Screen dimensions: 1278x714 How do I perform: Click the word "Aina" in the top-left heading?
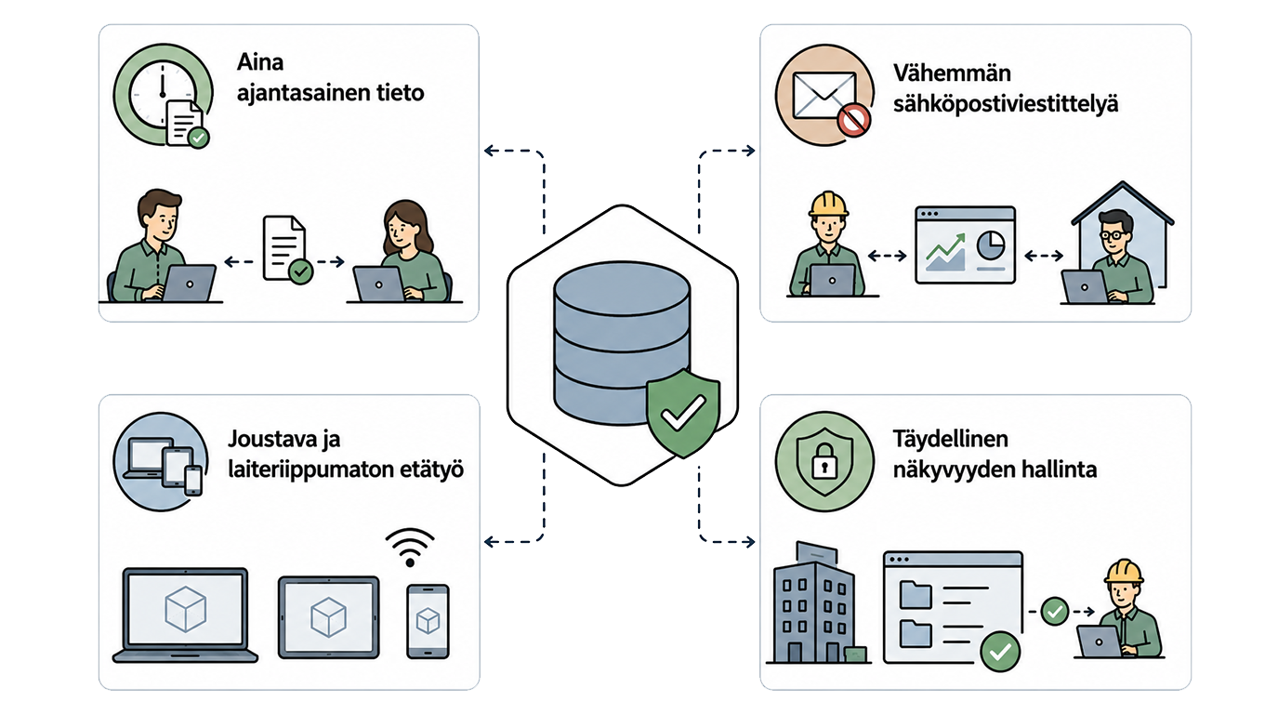[260, 61]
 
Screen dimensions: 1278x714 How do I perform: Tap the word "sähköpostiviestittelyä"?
[1006, 105]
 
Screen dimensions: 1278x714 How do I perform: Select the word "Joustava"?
[272, 439]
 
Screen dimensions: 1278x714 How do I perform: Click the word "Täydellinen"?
[951, 439]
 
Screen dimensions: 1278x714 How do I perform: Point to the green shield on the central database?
[683, 412]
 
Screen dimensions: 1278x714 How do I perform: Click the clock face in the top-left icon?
[163, 94]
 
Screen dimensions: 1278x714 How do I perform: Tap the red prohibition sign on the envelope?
[853, 121]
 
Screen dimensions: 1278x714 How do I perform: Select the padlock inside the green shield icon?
[823, 460]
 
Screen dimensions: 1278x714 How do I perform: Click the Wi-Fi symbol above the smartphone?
[410, 547]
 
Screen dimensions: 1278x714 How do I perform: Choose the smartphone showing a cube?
[428, 621]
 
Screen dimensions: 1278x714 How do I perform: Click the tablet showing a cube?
[329, 617]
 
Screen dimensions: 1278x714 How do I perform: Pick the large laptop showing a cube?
[185, 615]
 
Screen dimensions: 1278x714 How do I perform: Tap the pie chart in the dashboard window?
[991, 245]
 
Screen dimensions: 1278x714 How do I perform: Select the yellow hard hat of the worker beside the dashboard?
[828, 205]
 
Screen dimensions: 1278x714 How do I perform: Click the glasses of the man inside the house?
[1113, 234]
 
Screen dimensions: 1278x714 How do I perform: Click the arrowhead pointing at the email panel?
[750, 151]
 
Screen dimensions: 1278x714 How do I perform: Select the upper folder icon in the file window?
[916, 595]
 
